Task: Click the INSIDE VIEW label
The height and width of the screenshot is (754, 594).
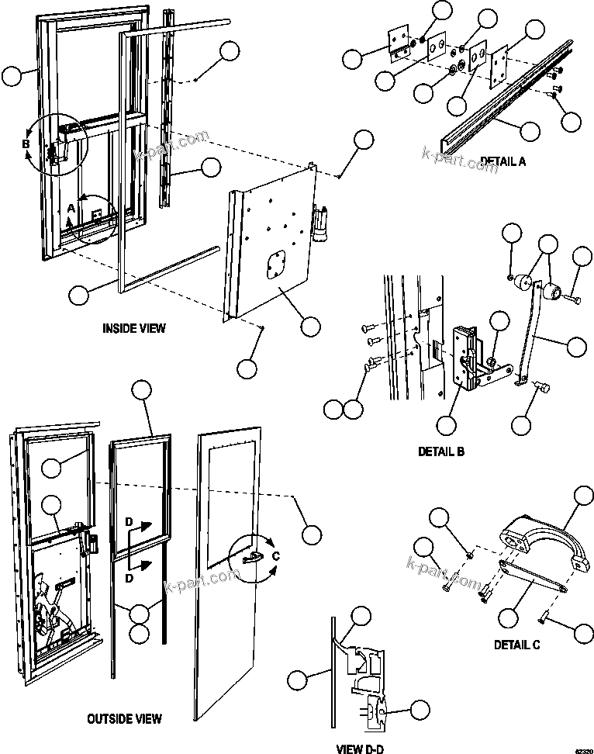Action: click(134, 328)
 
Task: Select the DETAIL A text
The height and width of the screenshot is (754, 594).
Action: click(502, 161)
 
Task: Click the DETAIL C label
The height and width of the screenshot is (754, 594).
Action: click(517, 645)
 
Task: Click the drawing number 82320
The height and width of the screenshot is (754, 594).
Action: click(582, 749)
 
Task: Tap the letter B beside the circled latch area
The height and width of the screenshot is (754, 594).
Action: click(26, 144)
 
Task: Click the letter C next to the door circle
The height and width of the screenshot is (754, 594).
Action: click(276, 555)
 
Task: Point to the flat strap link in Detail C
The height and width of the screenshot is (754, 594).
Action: click(535, 575)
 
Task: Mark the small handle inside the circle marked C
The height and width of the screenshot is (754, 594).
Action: click(251, 557)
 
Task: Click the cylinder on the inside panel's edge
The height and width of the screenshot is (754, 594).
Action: click(319, 219)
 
